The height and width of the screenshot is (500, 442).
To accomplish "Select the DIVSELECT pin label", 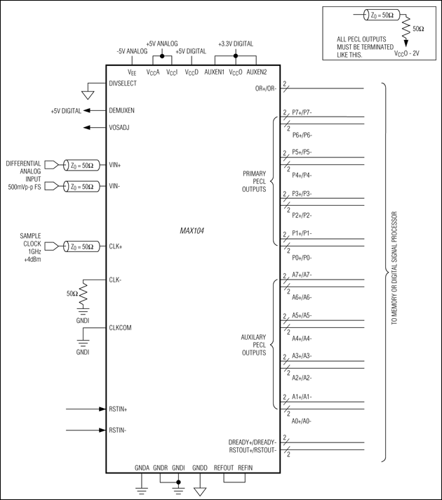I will pos(123,83).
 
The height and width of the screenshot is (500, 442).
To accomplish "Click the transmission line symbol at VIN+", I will pos(81,166).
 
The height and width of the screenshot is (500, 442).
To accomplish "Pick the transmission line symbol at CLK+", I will pos(81,246).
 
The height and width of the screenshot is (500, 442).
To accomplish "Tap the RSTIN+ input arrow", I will pos(84,408).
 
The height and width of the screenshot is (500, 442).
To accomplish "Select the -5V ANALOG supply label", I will pos(131,51).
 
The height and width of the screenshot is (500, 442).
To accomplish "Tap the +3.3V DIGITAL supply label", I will pos(236,44).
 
